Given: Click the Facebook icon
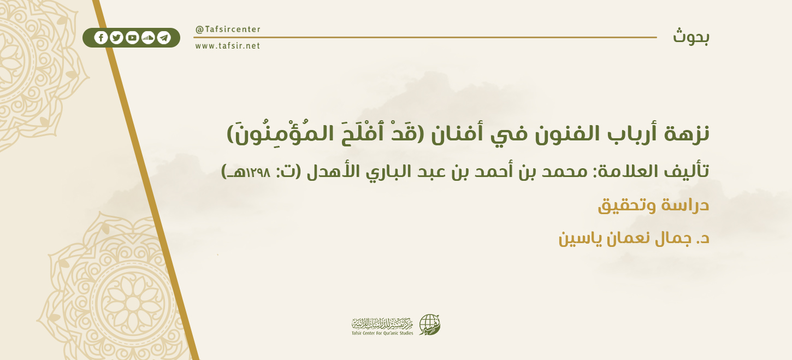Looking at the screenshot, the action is click(101, 38).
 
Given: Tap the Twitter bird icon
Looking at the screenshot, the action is click(116, 38).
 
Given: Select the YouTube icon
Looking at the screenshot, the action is click(132, 38).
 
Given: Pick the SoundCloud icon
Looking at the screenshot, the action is click(148, 38).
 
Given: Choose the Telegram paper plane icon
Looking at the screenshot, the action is click(164, 38).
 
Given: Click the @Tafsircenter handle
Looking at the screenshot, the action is click(228, 29).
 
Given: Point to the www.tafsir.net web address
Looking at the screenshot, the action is click(228, 46).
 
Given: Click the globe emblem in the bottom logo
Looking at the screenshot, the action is click(429, 324).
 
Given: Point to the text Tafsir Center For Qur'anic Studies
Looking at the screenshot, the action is click(382, 333).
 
